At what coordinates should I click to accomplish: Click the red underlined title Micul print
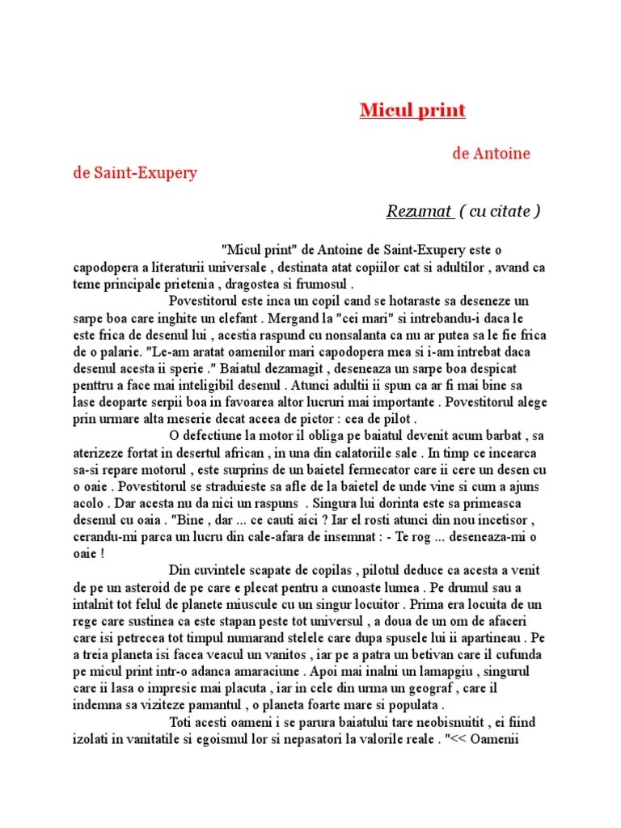(x=412, y=110)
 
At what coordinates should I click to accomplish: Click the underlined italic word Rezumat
(x=419, y=212)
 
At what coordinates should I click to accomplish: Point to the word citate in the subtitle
(x=509, y=212)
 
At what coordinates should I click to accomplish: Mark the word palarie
(x=117, y=353)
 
